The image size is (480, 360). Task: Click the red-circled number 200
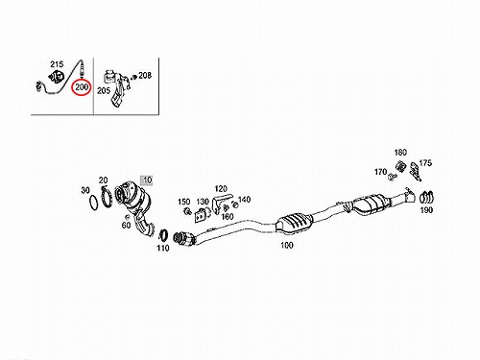tap(82, 86)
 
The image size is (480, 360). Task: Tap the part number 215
tap(57, 64)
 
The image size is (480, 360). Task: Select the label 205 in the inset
tap(104, 91)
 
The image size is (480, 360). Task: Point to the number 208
tap(145, 76)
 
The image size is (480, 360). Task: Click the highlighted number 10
tap(147, 180)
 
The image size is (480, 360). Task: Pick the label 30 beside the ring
tap(85, 190)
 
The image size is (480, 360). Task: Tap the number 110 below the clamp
tap(163, 248)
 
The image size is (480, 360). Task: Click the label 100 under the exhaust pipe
tap(287, 245)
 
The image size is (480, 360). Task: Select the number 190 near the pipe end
tap(426, 210)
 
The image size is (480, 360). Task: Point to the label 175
tap(425, 163)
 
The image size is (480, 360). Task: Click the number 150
tap(184, 202)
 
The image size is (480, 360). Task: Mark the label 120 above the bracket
tap(221, 189)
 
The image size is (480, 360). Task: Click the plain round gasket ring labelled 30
tap(89, 203)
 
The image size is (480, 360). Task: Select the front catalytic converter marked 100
tap(294, 221)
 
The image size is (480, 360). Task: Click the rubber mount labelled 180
tap(400, 166)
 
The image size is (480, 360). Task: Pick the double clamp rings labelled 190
tap(426, 198)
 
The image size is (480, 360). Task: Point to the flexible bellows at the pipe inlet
tap(180, 238)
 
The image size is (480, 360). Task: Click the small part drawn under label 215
tap(57, 77)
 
